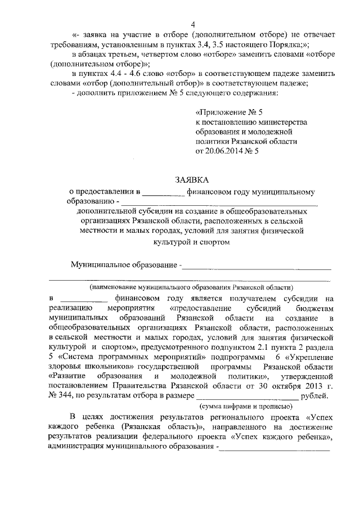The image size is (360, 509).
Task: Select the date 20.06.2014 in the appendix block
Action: click(227, 151)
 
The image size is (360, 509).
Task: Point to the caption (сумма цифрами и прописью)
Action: click(245, 406)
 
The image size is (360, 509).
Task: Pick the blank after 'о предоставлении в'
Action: click(164, 192)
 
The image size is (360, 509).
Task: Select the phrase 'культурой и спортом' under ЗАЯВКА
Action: click(191, 241)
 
